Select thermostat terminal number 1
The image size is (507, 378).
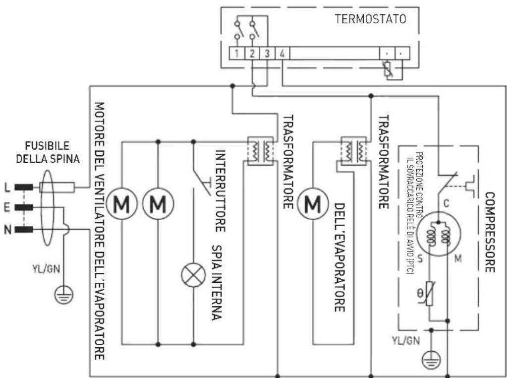[238, 53]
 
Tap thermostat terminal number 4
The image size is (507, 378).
[282, 53]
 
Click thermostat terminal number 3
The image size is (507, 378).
[267, 53]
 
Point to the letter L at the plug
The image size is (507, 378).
[7, 187]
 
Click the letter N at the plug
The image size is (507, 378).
[7, 229]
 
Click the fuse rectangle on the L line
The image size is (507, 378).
[57, 187]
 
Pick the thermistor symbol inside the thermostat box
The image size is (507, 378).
[389, 69]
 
